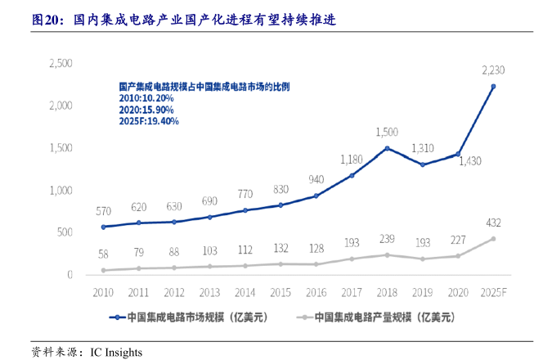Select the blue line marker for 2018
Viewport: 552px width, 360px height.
pos(387,148)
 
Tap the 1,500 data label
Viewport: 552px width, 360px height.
pos(387,132)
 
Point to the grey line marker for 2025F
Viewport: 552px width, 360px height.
pos(493,239)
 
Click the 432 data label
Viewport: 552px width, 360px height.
pos(493,223)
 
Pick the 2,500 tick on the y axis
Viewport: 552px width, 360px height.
pos(61,63)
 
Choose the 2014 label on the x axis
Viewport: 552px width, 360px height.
pos(245,292)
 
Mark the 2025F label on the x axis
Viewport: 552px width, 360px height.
pos(493,292)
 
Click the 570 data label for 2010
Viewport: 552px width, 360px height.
pos(102,210)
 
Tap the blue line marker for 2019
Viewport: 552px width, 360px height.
pos(423,164)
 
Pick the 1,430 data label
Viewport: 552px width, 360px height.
pos(469,162)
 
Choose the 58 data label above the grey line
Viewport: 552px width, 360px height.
pos(102,254)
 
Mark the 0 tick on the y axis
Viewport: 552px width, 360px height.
pos(70,275)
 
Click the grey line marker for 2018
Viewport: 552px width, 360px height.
pos(387,255)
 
